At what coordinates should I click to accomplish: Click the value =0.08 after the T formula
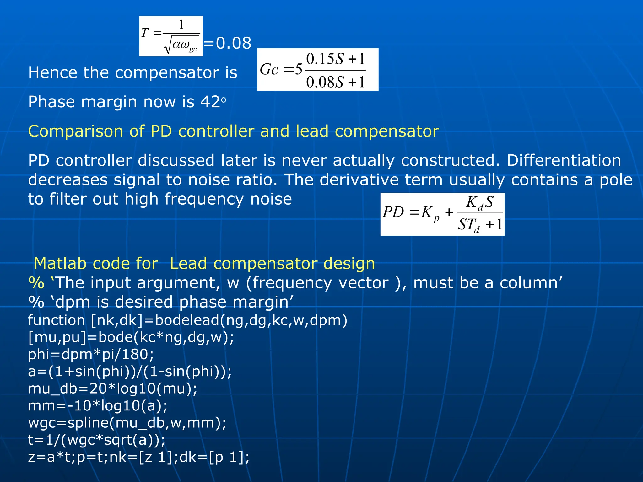click(228, 43)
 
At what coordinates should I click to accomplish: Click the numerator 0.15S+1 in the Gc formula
click(335, 59)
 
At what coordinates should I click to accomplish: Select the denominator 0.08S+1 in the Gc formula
click(335, 82)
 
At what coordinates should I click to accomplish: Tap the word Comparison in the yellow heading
click(75, 131)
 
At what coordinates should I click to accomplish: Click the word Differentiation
click(564, 160)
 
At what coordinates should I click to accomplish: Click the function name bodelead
click(187, 320)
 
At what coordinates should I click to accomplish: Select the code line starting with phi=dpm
click(91, 354)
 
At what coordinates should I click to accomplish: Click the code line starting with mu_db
click(113, 388)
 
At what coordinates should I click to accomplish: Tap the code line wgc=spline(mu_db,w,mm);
click(127, 423)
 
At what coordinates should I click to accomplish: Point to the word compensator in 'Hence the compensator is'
click(167, 73)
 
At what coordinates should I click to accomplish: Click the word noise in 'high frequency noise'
click(271, 199)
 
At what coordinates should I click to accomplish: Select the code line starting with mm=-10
click(98, 406)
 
